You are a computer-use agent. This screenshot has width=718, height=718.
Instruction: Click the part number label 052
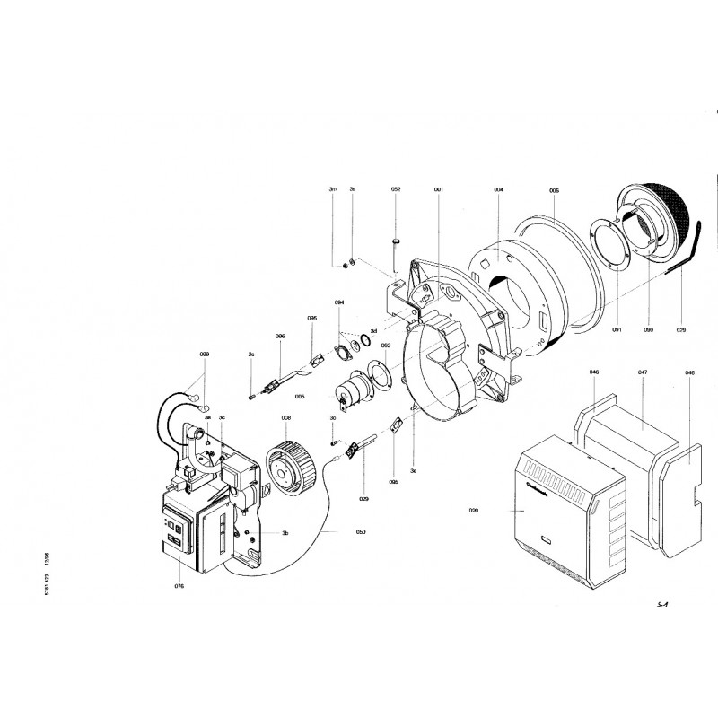396,190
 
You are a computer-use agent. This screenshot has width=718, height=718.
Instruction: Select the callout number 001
439,190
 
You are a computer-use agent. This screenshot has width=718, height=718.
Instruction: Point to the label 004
498,190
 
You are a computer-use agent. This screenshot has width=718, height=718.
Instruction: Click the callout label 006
554,190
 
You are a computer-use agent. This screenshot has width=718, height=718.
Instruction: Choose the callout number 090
649,329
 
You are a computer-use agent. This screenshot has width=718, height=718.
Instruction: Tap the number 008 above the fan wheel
285,417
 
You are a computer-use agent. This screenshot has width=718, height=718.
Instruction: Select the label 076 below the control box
179,587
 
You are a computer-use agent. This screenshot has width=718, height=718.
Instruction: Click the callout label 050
360,532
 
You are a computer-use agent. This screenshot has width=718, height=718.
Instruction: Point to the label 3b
285,534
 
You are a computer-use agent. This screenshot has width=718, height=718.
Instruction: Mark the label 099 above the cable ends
204,355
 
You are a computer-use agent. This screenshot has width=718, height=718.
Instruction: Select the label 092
385,345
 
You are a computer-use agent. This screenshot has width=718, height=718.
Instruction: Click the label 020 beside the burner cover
473,510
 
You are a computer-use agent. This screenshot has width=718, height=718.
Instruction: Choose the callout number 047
643,371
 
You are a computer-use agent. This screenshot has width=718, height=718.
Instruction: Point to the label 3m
333,190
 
